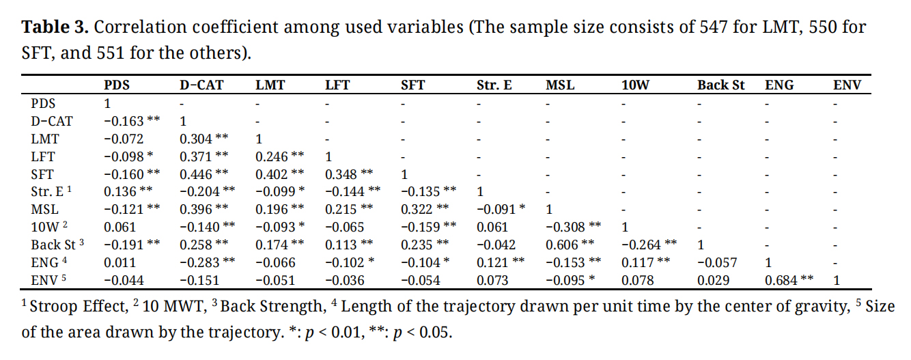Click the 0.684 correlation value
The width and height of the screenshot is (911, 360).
click(781, 280)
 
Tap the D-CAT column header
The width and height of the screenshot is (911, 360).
click(202, 86)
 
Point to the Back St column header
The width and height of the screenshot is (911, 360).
click(721, 86)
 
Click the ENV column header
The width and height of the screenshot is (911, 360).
click(847, 86)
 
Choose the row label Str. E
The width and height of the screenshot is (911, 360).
click(47, 191)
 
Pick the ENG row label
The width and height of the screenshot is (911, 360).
click(45, 262)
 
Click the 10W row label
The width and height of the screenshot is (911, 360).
click(45, 227)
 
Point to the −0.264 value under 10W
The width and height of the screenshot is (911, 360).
click(640, 245)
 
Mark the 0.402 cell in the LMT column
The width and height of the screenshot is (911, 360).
click(272, 174)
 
